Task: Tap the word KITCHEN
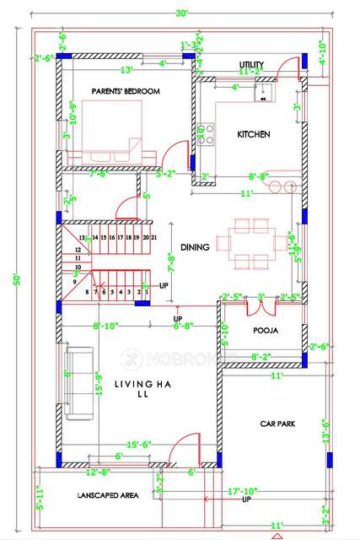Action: click(253, 135)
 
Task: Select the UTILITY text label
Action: click(252, 64)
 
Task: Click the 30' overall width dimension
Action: click(181, 12)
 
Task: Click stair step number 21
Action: click(153, 239)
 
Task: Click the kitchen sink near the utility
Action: click(263, 93)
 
